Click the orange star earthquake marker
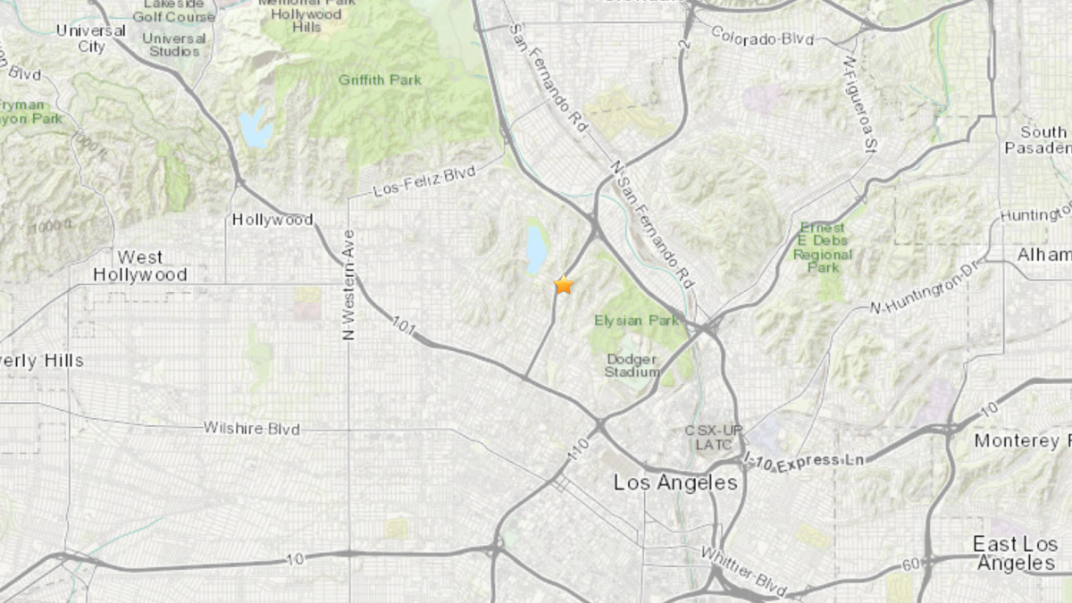coord(563,285)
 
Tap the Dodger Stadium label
coord(632,364)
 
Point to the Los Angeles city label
coord(675,482)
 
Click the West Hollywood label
coord(139,266)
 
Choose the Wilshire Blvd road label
coord(251,429)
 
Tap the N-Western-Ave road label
coord(349,285)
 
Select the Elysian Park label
coord(636,320)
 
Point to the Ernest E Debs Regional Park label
coord(823,247)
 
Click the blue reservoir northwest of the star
coord(536,249)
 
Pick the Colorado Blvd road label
coord(763,36)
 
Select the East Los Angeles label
coord(1014,554)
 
